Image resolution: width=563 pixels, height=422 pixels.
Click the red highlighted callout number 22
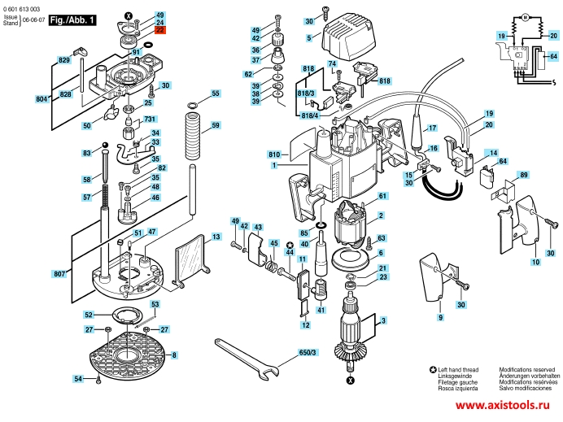click(159, 31)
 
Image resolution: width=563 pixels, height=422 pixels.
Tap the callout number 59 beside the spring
click(216, 126)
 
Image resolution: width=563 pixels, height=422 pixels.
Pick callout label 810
click(273, 154)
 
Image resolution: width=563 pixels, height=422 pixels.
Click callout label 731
click(149, 120)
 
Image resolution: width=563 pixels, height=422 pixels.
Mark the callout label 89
click(523, 175)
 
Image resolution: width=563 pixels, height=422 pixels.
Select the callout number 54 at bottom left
click(78, 379)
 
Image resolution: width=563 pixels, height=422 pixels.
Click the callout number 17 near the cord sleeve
click(433, 128)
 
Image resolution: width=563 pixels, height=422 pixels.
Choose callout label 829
click(63, 60)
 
